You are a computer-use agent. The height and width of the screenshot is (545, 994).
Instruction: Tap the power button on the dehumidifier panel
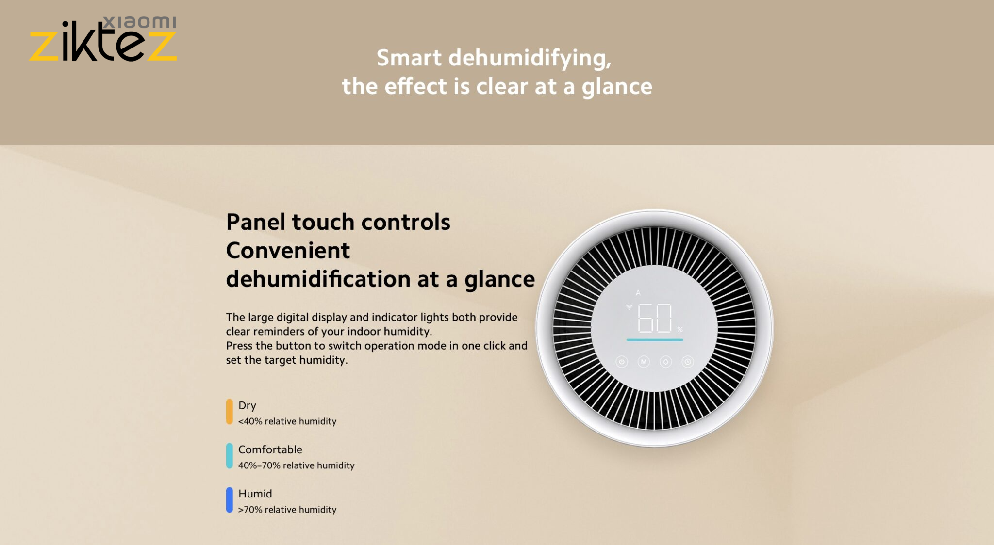(622, 362)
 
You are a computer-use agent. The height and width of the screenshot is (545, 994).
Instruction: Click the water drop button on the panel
(666, 362)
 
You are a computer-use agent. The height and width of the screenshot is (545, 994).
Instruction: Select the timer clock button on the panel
(688, 362)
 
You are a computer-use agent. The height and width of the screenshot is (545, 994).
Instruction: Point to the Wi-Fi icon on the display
(629, 307)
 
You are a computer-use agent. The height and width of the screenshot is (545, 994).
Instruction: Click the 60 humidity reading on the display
(655, 318)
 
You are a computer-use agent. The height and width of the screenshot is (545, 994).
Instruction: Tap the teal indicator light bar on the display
(655, 340)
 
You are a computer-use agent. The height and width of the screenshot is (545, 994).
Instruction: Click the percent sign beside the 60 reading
(680, 330)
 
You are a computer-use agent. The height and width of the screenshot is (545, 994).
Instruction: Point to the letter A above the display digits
(638, 293)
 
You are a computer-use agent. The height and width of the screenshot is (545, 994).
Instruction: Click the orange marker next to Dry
(230, 412)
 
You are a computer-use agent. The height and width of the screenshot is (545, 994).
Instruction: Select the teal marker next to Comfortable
(230, 456)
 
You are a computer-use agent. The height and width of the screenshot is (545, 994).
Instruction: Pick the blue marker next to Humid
(230, 500)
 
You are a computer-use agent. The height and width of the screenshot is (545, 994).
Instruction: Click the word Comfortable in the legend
(270, 449)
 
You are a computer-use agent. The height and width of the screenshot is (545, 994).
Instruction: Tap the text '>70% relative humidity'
(287, 510)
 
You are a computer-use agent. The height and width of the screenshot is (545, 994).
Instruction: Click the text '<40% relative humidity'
(287, 421)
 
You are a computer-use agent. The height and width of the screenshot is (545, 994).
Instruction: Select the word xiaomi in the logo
(140, 22)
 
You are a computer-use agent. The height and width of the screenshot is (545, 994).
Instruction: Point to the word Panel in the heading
(256, 222)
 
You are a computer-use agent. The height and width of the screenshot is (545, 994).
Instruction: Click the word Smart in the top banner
(409, 58)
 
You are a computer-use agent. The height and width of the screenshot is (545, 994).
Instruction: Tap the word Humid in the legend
(255, 494)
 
